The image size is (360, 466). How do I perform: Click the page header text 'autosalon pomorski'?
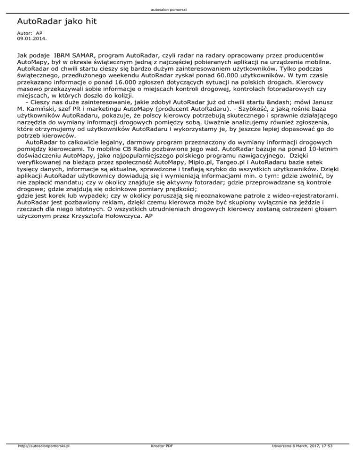180,9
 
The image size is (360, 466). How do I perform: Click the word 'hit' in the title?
90,22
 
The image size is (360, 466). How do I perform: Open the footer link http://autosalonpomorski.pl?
43,459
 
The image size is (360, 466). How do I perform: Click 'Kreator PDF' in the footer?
159,459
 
